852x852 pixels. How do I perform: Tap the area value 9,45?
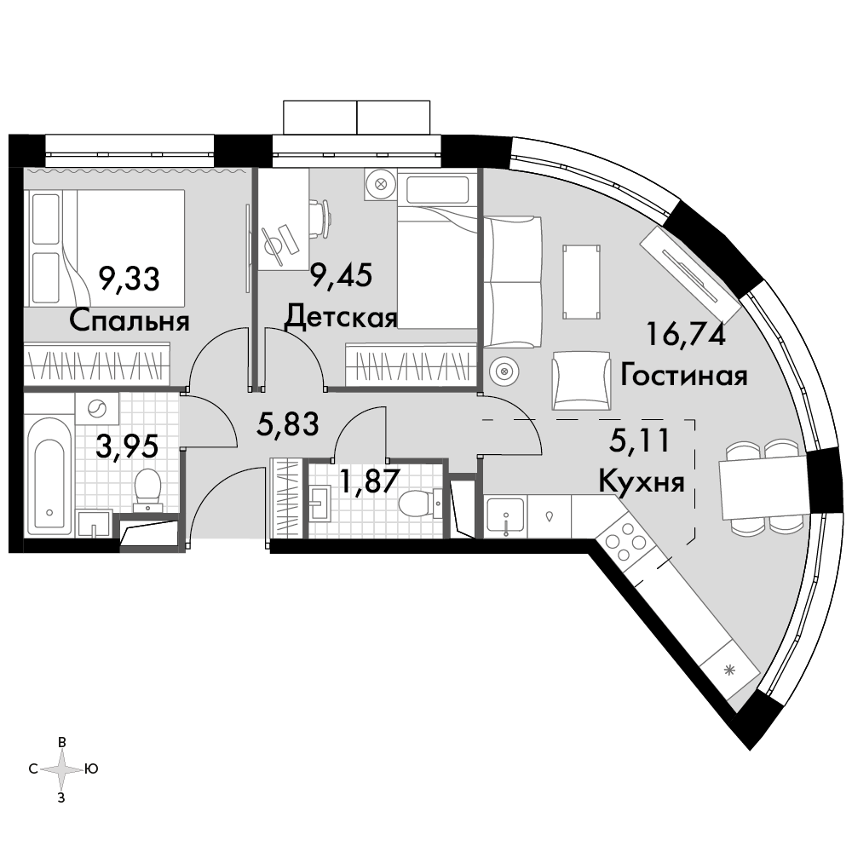click(342, 274)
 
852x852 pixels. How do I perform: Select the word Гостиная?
click(683, 375)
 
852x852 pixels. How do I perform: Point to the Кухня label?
click(642, 481)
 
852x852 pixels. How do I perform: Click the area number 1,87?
click(370, 481)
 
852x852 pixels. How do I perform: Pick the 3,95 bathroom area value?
click(127, 446)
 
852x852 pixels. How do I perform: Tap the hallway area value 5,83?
click(287, 423)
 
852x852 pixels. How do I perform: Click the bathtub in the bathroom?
click(50, 474)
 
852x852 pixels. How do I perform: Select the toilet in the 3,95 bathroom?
click(147, 489)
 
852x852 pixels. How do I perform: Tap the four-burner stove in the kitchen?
click(625, 541)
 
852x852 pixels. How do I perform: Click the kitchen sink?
click(505, 516)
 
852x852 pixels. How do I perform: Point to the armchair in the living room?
click(581, 380)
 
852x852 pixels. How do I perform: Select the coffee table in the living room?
click(582, 283)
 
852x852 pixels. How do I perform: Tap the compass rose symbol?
click(62, 769)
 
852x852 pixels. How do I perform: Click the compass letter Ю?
click(91, 769)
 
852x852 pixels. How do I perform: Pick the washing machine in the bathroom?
click(97, 409)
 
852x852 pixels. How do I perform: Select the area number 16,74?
click(686, 334)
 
